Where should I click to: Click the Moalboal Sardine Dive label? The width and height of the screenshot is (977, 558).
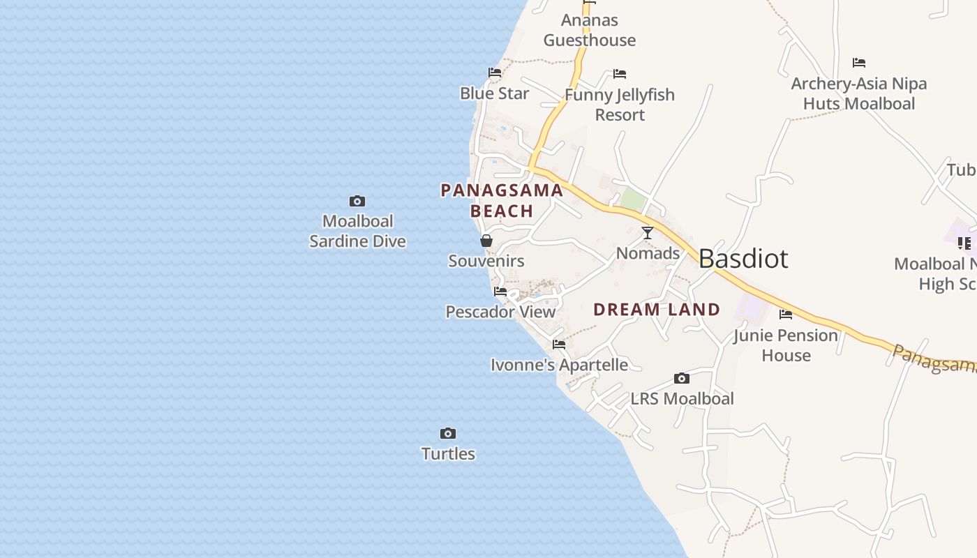pos(357,231)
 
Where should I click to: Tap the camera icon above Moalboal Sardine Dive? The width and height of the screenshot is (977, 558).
pos(357,202)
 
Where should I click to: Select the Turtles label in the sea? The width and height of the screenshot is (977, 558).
pos(448,453)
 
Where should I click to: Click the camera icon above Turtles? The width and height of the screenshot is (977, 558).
pos(448,434)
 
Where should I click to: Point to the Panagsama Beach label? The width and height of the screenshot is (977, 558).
pos(502,200)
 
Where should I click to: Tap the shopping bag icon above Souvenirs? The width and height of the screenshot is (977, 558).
pos(486,241)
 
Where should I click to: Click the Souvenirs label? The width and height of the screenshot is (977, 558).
pos(486,261)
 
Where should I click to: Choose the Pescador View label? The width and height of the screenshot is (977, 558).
pos(500,312)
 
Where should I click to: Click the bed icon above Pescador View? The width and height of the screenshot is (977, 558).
pos(500,292)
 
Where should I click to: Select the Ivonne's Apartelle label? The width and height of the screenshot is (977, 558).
pos(559,365)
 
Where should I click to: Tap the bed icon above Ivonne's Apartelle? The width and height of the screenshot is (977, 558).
pos(559,345)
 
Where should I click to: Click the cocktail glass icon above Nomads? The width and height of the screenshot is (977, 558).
pos(648,233)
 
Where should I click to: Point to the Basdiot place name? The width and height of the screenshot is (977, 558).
pos(743,259)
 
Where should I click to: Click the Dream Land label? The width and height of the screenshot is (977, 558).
pos(657,310)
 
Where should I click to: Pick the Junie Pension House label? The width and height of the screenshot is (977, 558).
pos(786,345)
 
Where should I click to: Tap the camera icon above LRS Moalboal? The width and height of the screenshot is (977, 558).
pos(682,379)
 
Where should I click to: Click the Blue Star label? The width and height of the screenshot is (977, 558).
pos(494,93)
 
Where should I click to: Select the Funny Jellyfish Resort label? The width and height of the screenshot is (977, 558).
pos(620,105)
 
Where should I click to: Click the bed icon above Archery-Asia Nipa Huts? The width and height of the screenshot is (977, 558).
pos(859,63)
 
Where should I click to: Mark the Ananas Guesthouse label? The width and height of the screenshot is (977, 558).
pos(590,30)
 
